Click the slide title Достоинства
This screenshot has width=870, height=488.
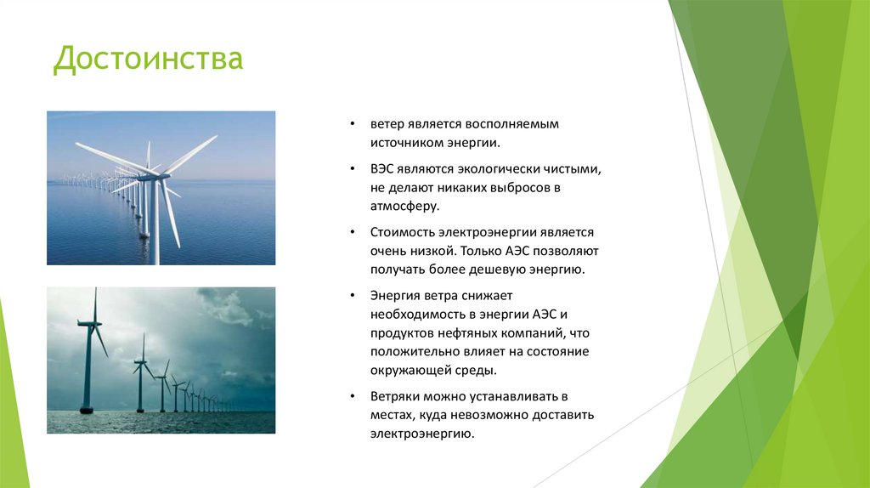pyautogui.click(x=149, y=60)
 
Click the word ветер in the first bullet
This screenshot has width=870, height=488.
pyautogui.click(x=387, y=124)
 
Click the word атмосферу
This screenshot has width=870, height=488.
pyautogui.click(x=404, y=206)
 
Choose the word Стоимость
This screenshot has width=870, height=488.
pyautogui.click(x=402, y=232)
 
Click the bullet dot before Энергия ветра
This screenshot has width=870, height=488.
pyautogui.click(x=353, y=296)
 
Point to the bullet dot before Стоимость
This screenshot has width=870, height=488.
pyautogui.click(x=353, y=232)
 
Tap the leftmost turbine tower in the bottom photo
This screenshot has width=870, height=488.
pyautogui.click(x=88, y=366)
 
